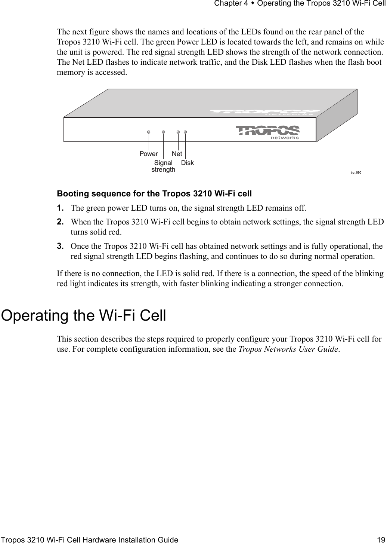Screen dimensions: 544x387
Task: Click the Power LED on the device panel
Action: (149, 132)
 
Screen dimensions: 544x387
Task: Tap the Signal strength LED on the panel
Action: (164, 132)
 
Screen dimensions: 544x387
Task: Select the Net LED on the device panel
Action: (179, 132)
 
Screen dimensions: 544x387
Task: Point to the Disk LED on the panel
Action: (185, 132)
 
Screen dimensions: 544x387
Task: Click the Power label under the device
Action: (149, 154)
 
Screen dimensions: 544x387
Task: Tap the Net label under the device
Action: (177, 154)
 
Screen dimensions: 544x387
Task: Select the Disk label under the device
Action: (188, 163)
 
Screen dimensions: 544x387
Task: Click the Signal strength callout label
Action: (163, 166)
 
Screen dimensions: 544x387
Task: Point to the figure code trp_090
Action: (356, 172)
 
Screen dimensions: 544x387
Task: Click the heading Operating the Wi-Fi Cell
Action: (84, 315)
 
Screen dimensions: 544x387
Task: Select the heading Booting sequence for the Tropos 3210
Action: (154, 194)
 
